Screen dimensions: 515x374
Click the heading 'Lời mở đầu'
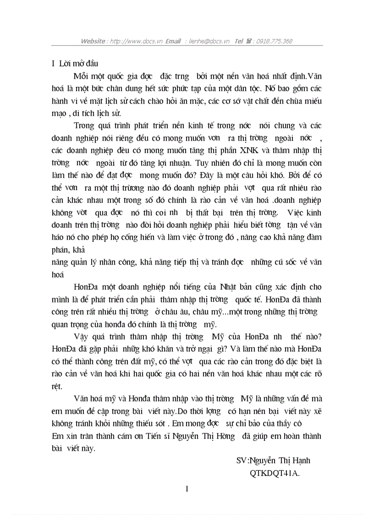(77, 63)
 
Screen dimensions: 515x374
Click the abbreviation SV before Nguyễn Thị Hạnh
(241, 460)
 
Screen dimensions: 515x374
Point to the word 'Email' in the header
(173, 41)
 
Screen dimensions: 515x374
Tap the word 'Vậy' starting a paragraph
(81, 337)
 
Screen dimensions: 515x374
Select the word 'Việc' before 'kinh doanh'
(295, 212)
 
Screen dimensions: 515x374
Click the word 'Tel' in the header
(239, 41)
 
